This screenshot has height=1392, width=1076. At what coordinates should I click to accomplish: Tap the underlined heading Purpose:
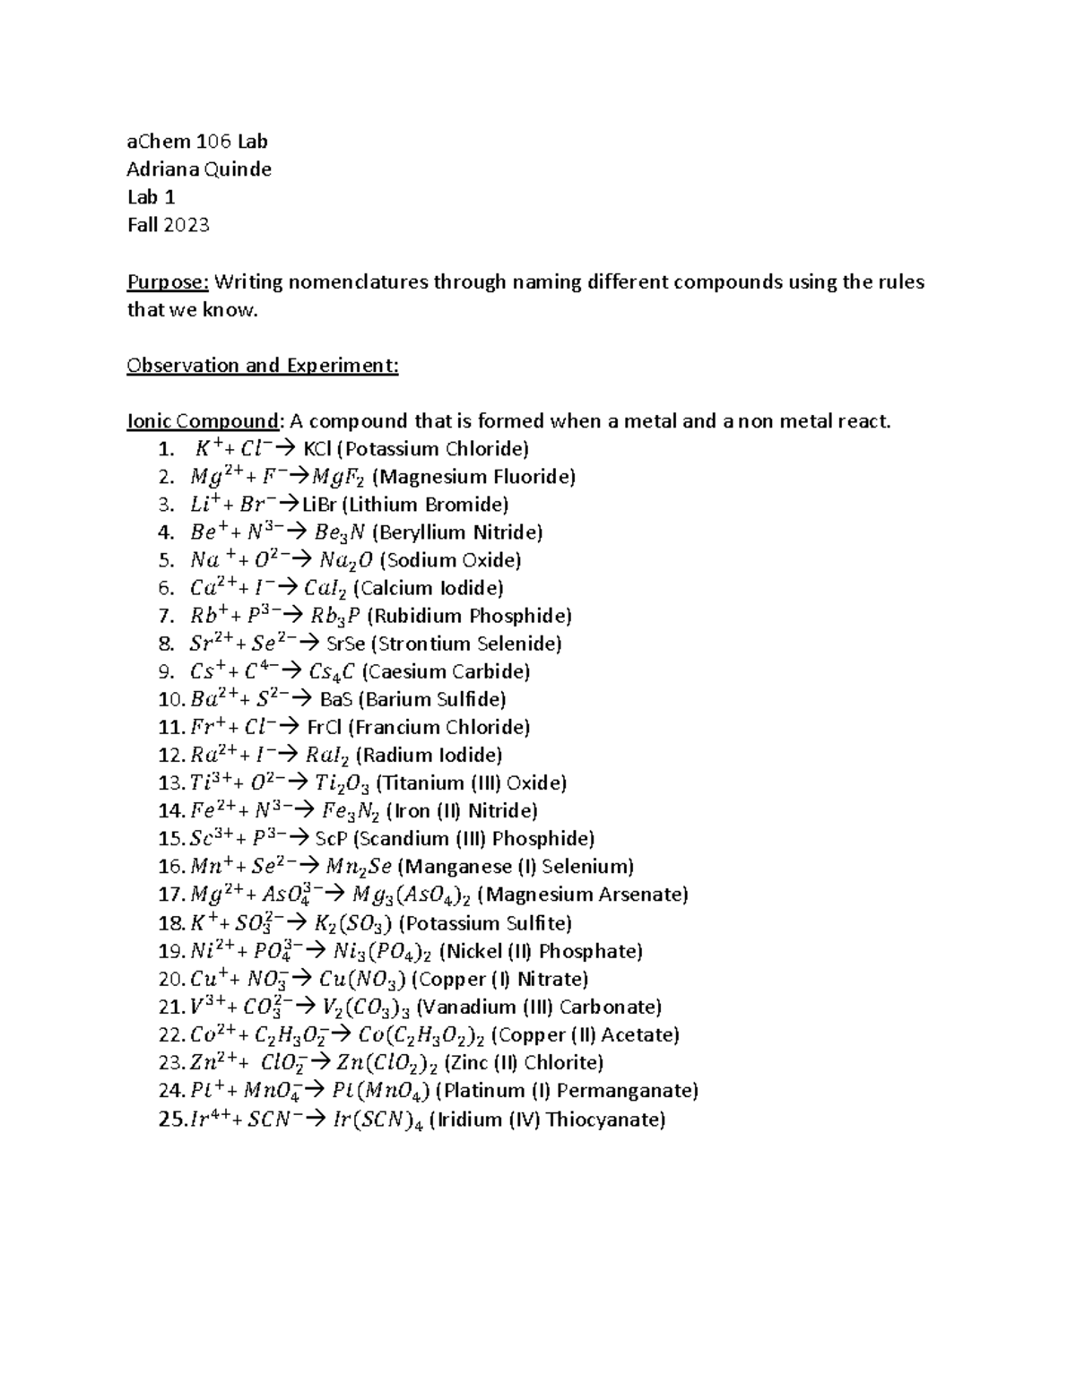pos(168,282)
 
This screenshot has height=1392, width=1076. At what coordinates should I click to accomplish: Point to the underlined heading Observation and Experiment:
pos(263,366)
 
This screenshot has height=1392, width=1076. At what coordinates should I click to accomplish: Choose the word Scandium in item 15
pos(404,839)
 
